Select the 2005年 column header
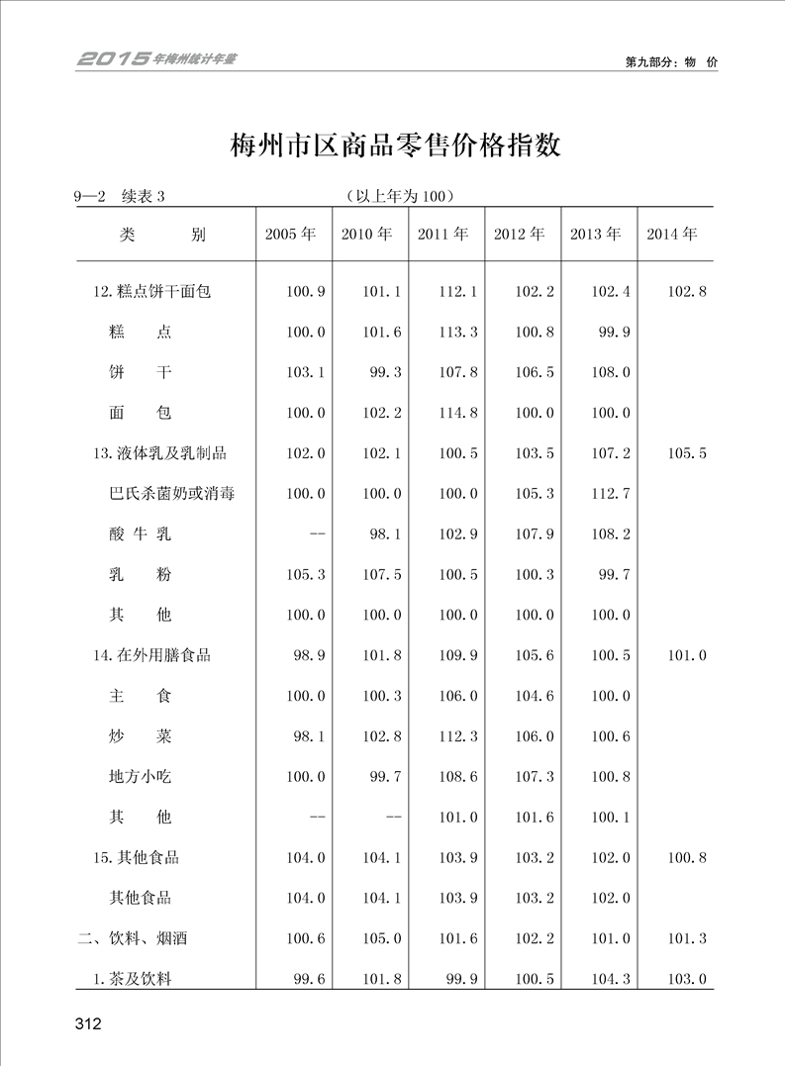(291, 235)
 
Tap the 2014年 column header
(672, 235)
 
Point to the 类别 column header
(163, 235)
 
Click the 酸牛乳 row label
(140, 534)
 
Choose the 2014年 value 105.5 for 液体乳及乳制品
(687, 453)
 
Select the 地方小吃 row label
(140, 777)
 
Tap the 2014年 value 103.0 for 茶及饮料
(687, 979)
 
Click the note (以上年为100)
(395, 196)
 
